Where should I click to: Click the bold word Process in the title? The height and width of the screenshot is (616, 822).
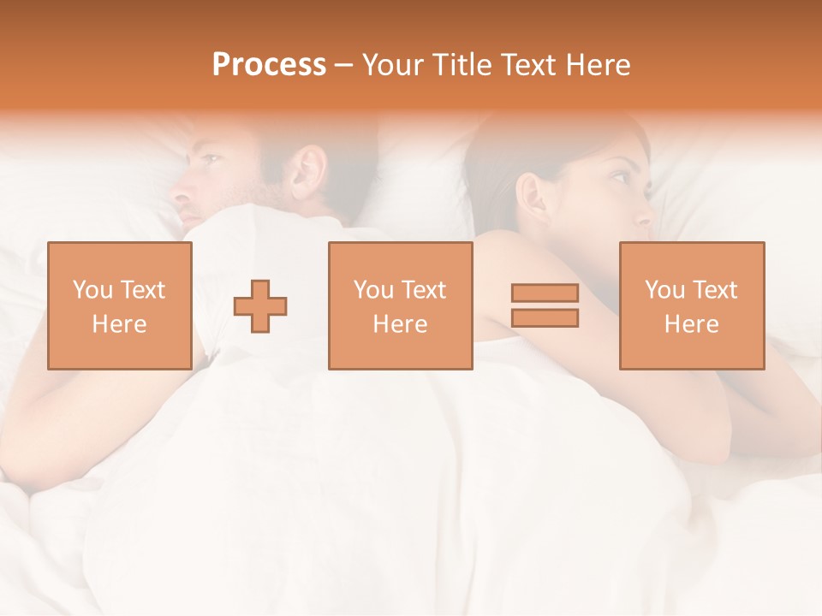[269, 65]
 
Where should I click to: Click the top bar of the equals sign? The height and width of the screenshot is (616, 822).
[545, 293]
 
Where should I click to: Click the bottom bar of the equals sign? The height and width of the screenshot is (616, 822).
[545, 317]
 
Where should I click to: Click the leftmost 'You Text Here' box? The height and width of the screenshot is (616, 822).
[119, 305]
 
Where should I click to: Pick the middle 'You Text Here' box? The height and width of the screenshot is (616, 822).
[400, 305]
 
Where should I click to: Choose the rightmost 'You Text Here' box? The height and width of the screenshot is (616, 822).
[691, 305]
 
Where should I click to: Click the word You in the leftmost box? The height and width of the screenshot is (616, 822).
[92, 290]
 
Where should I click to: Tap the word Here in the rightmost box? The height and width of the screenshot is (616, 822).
[691, 323]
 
